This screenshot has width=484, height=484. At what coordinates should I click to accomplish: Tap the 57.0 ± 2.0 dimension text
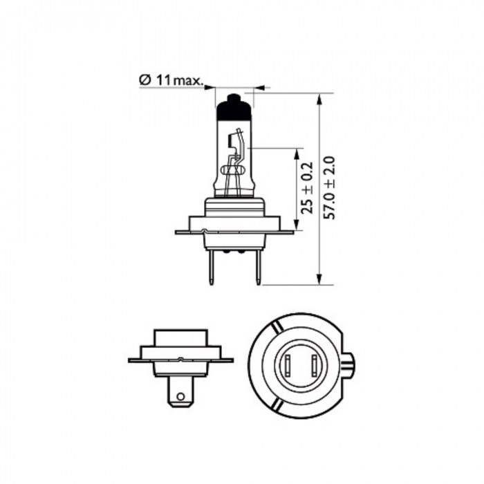click(x=329, y=188)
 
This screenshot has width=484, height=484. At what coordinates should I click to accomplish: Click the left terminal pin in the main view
click(x=211, y=266)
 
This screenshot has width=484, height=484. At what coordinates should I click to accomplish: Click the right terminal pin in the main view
click(x=257, y=266)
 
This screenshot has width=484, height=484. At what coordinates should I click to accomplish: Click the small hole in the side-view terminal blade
click(x=180, y=396)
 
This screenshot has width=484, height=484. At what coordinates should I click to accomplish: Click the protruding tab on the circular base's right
click(x=349, y=362)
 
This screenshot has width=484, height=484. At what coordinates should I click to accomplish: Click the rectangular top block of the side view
click(x=180, y=337)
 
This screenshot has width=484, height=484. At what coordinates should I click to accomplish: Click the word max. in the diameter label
click(x=188, y=82)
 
